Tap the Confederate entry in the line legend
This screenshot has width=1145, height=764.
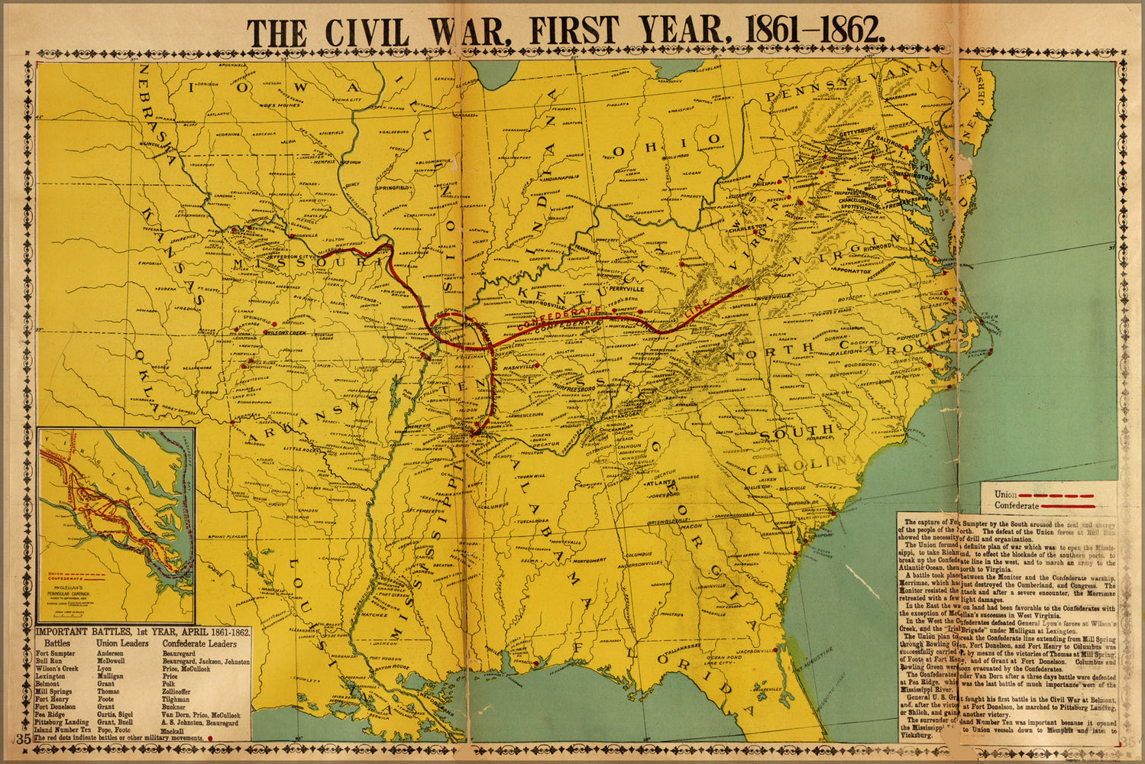[x=1016, y=506]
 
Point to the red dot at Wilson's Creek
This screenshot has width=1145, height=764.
[x=265, y=332]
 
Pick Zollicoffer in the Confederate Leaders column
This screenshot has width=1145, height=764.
[x=182, y=691]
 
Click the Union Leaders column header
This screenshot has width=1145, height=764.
[x=122, y=643]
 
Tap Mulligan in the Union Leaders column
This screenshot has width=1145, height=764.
[x=110, y=676]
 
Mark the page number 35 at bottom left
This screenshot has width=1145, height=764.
[x=23, y=740]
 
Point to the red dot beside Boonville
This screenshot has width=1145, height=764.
[x=291, y=236]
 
